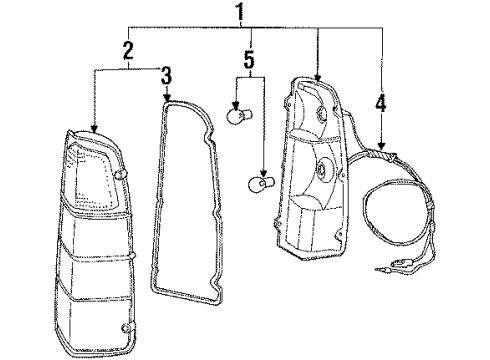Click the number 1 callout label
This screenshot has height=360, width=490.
(237, 13)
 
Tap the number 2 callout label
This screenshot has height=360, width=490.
(128, 49)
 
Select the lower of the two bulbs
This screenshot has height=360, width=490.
(258, 183)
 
